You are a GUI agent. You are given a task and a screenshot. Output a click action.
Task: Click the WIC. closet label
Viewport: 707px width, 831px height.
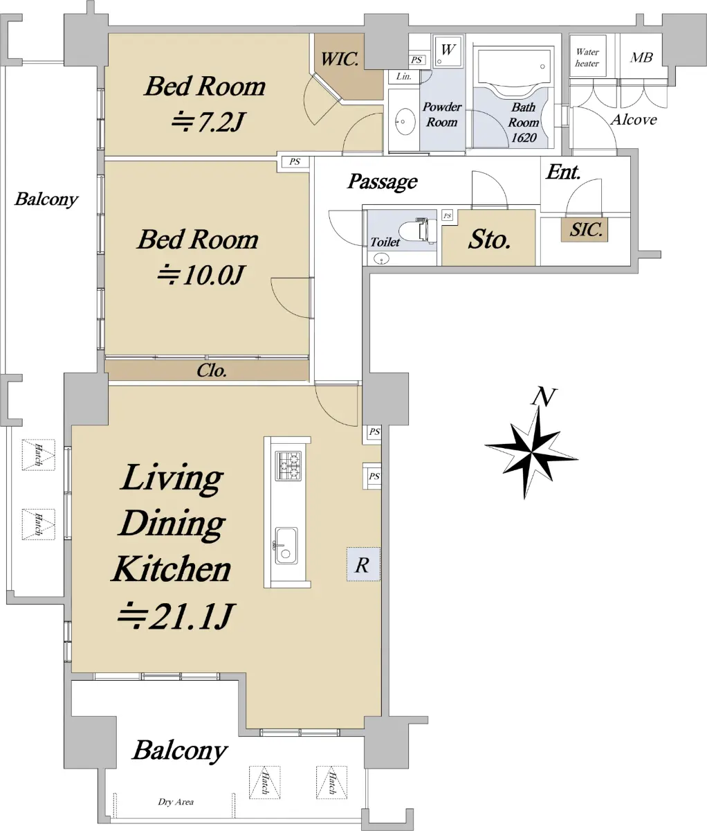tap(340, 60)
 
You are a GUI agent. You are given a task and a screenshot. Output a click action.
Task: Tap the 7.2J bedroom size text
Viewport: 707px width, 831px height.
tap(208, 121)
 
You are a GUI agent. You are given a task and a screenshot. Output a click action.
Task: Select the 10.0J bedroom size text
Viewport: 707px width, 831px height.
tap(200, 275)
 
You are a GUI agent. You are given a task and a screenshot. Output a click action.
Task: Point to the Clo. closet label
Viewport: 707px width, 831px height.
tap(212, 370)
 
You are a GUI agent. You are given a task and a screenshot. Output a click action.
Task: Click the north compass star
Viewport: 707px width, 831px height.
tap(531, 452)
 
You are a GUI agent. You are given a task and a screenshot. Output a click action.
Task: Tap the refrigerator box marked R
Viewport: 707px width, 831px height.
tap(363, 564)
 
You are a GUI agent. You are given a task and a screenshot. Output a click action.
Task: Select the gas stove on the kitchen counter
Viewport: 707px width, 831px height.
tap(288, 465)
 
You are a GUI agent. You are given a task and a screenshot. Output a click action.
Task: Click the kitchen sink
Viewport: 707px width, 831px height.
tap(286, 546)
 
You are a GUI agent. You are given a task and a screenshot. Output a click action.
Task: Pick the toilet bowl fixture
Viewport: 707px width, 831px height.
tap(418, 231)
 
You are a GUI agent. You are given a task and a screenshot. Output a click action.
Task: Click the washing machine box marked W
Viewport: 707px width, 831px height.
tap(448, 50)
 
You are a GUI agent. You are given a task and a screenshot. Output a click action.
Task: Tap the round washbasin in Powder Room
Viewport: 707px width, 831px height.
tap(405, 121)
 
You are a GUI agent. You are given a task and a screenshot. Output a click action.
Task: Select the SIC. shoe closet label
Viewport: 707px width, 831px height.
tap(585, 230)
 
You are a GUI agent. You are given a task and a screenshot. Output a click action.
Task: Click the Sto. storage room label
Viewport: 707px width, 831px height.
tap(489, 240)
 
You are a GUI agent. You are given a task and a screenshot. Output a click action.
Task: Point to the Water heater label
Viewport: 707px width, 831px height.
tap(587, 57)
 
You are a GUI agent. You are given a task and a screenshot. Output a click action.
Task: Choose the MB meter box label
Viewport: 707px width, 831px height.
tap(641, 57)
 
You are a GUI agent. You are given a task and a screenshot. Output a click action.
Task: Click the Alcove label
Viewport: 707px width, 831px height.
tap(634, 119)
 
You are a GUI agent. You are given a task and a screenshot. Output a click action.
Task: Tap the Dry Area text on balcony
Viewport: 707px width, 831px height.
tap(176, 802)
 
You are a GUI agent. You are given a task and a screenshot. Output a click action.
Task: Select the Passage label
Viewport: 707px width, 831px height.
tap(382, 181)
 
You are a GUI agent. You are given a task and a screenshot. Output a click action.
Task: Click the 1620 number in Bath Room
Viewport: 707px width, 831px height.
tap(524, 138)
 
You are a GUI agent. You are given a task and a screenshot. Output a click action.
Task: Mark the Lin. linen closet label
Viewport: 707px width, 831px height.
tap(404, 76)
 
